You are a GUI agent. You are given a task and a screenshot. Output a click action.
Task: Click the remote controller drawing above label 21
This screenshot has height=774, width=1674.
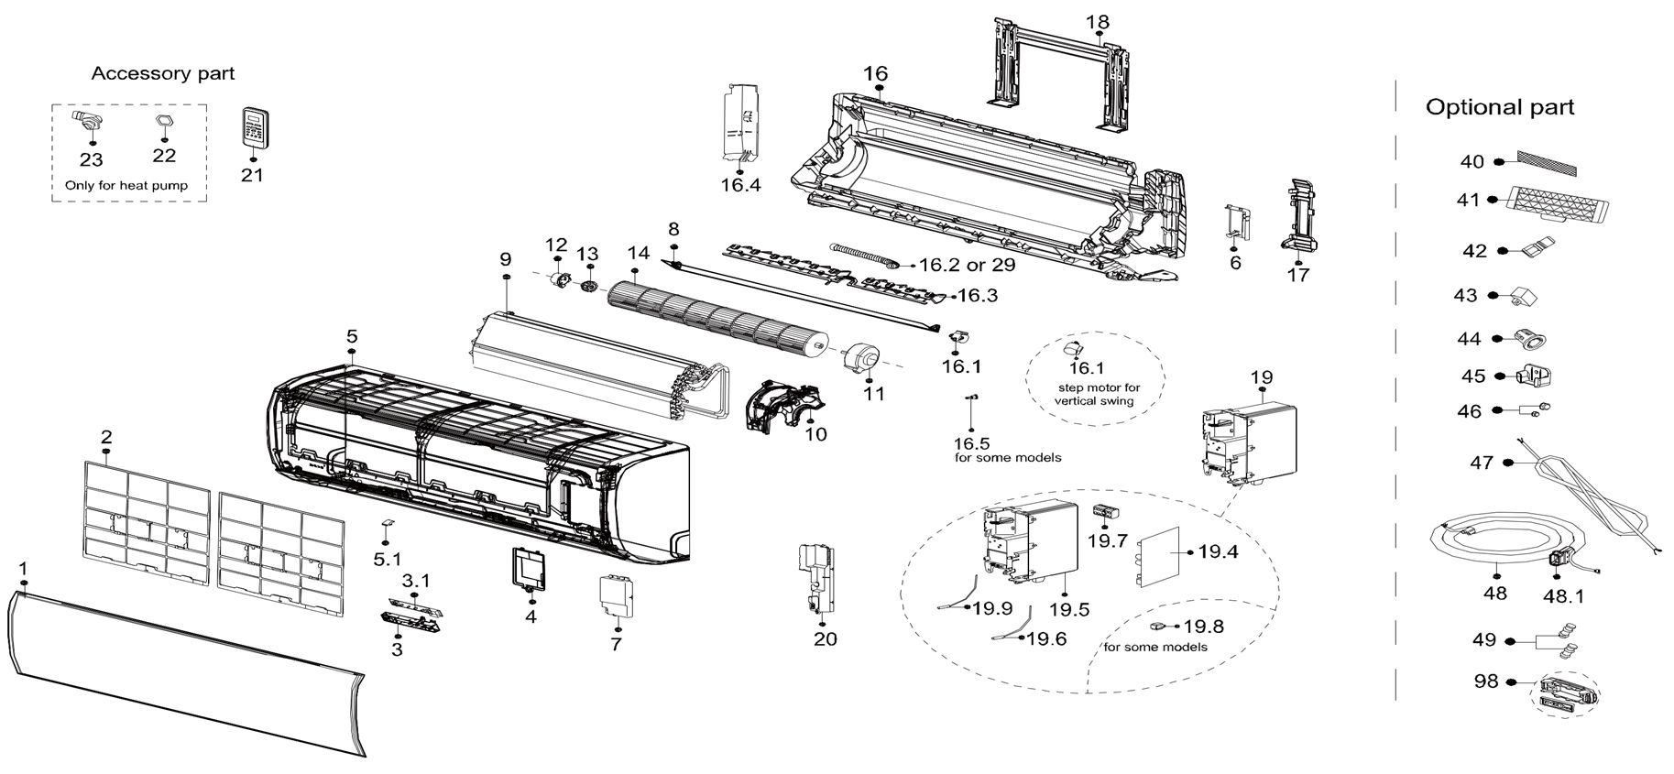tap(253, 126)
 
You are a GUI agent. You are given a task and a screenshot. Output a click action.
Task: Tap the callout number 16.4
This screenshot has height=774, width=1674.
tap(740, 185)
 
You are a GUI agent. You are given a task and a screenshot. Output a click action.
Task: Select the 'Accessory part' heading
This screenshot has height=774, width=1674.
tap(163, 73)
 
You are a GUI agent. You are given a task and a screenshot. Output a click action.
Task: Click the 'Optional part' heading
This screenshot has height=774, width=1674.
tap(1500, 107)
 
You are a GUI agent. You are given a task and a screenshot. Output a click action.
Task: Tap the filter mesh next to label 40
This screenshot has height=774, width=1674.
tap(1548, 163)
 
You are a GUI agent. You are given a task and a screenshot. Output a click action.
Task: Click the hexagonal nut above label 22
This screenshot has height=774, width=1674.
tap(163, 124)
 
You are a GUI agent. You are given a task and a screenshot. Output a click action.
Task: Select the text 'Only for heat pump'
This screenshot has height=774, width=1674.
tap(126, 185)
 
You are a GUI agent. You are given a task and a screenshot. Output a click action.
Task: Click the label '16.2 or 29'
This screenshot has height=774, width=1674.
tap(966, 265)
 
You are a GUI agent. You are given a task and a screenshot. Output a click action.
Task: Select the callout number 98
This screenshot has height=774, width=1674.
tap(1485, 682)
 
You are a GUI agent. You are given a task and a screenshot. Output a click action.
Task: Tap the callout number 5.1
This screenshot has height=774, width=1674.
tap(388, 559)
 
